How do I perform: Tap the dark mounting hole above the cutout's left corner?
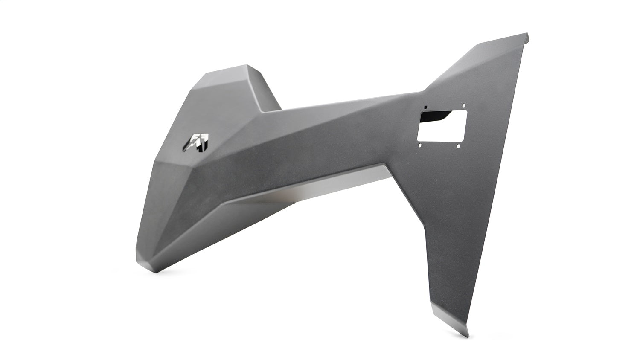(425, 107)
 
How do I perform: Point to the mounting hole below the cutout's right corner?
(458, 147)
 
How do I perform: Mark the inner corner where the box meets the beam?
(261, 113)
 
